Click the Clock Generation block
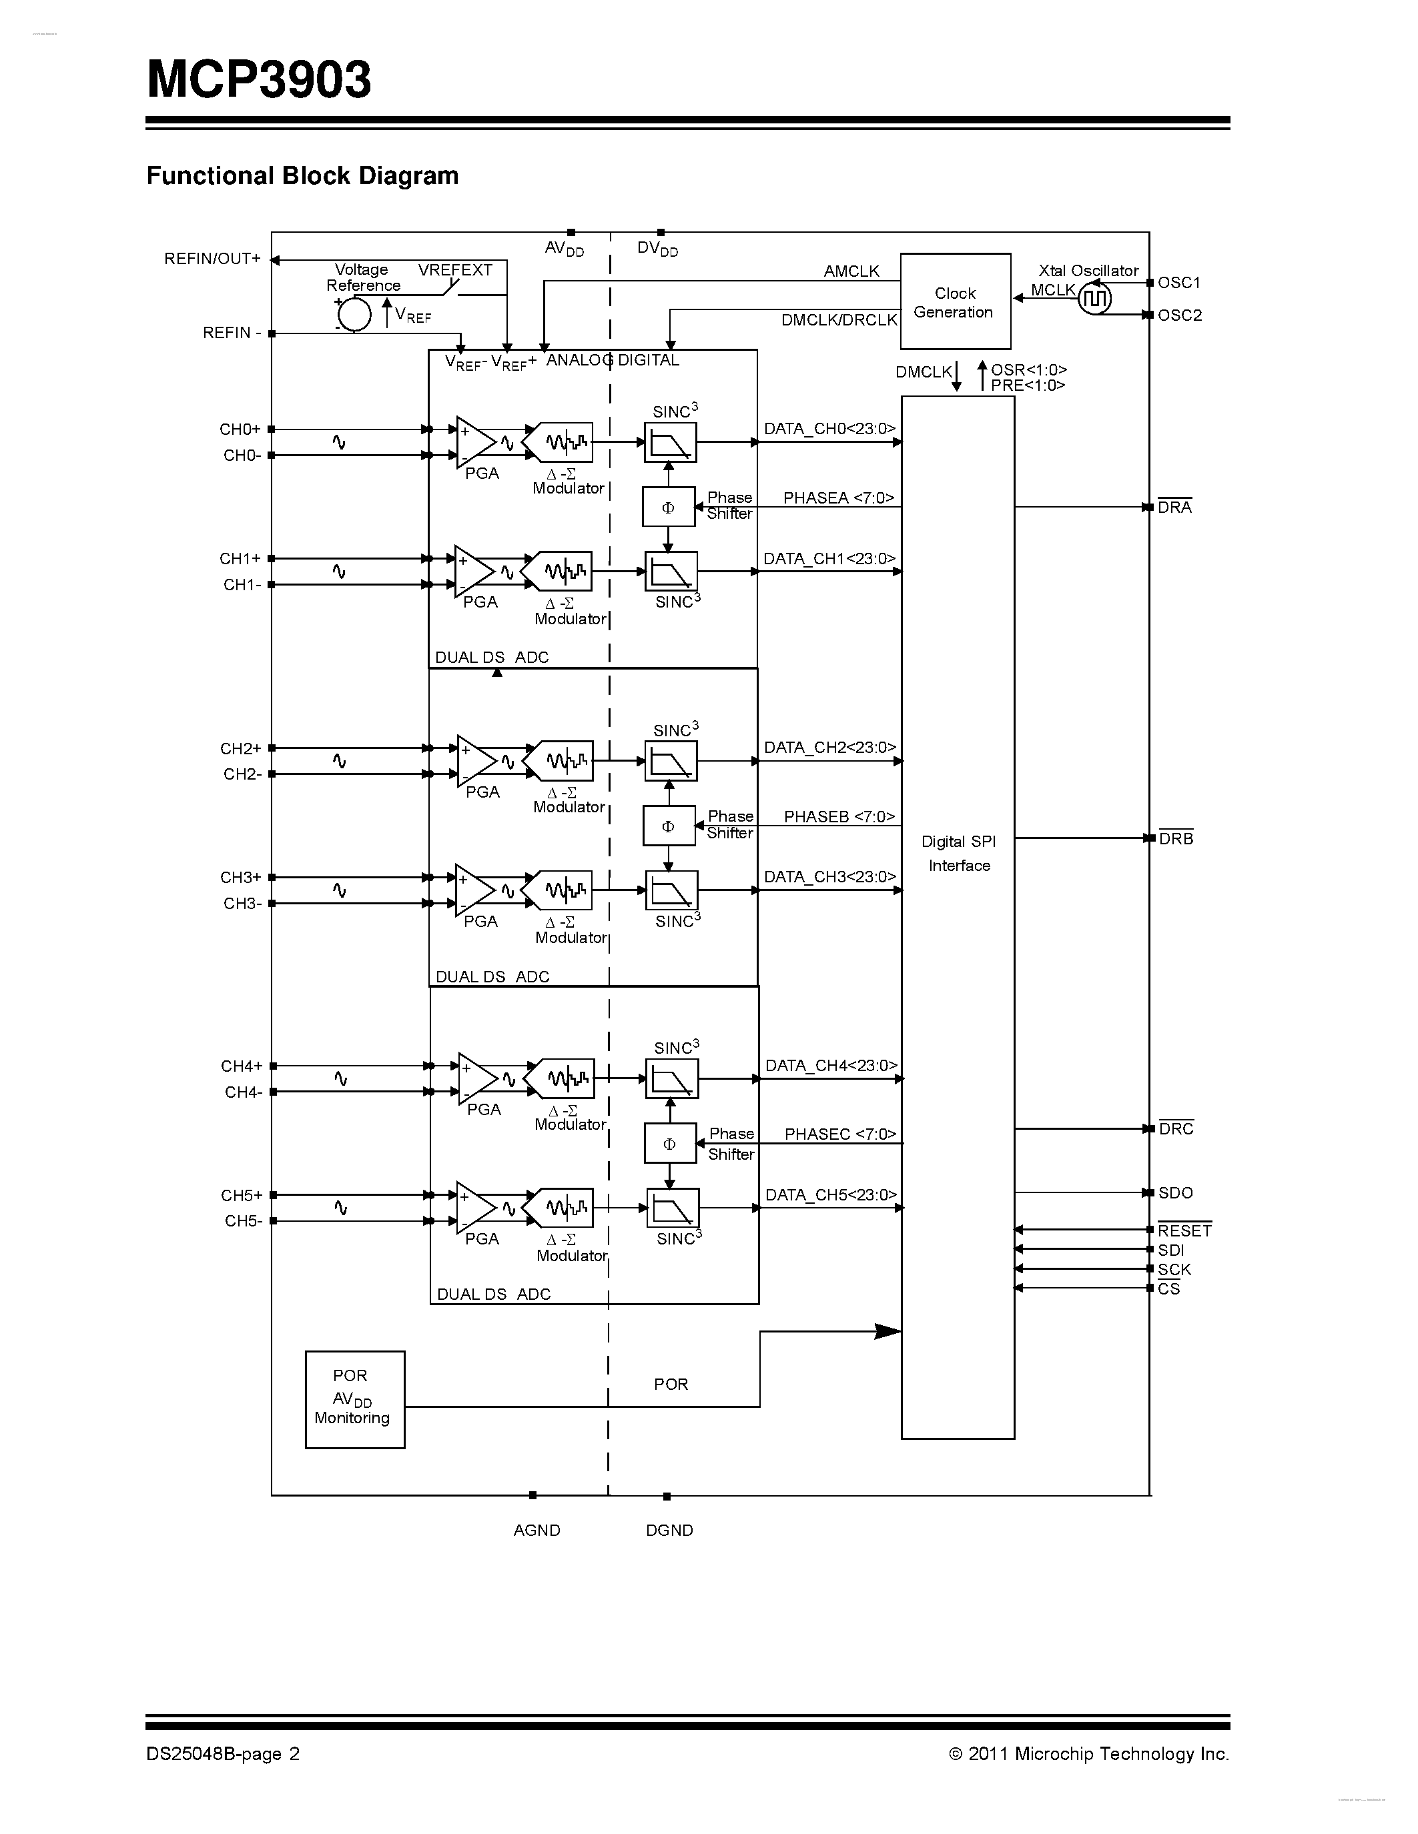coord(955,301)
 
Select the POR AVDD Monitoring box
coord(354,1399)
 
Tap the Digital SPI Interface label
coord(958,853)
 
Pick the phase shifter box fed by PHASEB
coord(669,826)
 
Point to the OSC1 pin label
coord(1179,283)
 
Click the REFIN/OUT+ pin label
coord(212,259)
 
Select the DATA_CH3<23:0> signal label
coord(830,877)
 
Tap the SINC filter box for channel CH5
coord(673,1208)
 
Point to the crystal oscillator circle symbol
coord(1094,298)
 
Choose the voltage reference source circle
coord(354,314)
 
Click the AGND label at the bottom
coord(537,1530)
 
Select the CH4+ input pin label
coord(242,1066)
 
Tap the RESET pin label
coord(1184,1231)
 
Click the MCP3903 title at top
coord(259,80)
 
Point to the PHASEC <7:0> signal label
coord(840,1134)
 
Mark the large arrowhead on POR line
coord(887,1331)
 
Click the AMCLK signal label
coord(851,271)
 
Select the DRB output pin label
coord(1175,839)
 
